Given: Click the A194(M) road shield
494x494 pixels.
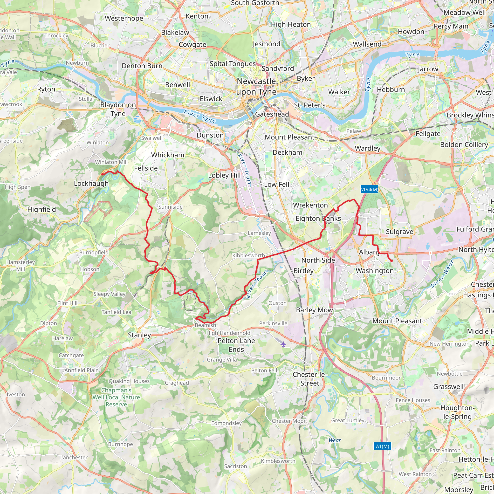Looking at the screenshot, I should click(369, 189).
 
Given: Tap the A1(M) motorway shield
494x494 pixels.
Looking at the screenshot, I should click(382, 446).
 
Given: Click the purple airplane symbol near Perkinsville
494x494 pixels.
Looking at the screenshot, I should click(283, 344).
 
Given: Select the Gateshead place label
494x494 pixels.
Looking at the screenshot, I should click(272, 114).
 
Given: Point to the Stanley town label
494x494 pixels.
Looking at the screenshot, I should click(139, 335).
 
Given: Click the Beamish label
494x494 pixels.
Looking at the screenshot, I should click(205, 325).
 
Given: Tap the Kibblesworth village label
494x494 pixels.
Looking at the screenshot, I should click(248, 255).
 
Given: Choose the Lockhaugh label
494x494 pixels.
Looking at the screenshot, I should click(91, 183).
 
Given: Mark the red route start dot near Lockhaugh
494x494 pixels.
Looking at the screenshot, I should click(103, 174).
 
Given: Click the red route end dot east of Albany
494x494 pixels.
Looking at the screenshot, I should click(391, 261).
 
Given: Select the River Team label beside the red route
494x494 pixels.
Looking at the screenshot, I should click(256, 285).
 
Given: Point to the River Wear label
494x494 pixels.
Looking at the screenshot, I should click(442, 274).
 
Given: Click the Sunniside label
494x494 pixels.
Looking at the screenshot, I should click(170, 207).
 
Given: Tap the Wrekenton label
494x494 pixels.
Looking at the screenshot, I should click(310, 205).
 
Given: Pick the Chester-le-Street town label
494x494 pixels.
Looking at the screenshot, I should click(310, 379).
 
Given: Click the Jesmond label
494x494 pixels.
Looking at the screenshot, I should click(267, 44).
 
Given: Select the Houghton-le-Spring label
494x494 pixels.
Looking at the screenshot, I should click(457, 412).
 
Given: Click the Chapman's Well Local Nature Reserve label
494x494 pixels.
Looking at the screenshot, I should click(116, 397).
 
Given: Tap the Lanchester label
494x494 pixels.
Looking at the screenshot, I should click(74, 457).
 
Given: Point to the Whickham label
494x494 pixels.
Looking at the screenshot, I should click(168, 155).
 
